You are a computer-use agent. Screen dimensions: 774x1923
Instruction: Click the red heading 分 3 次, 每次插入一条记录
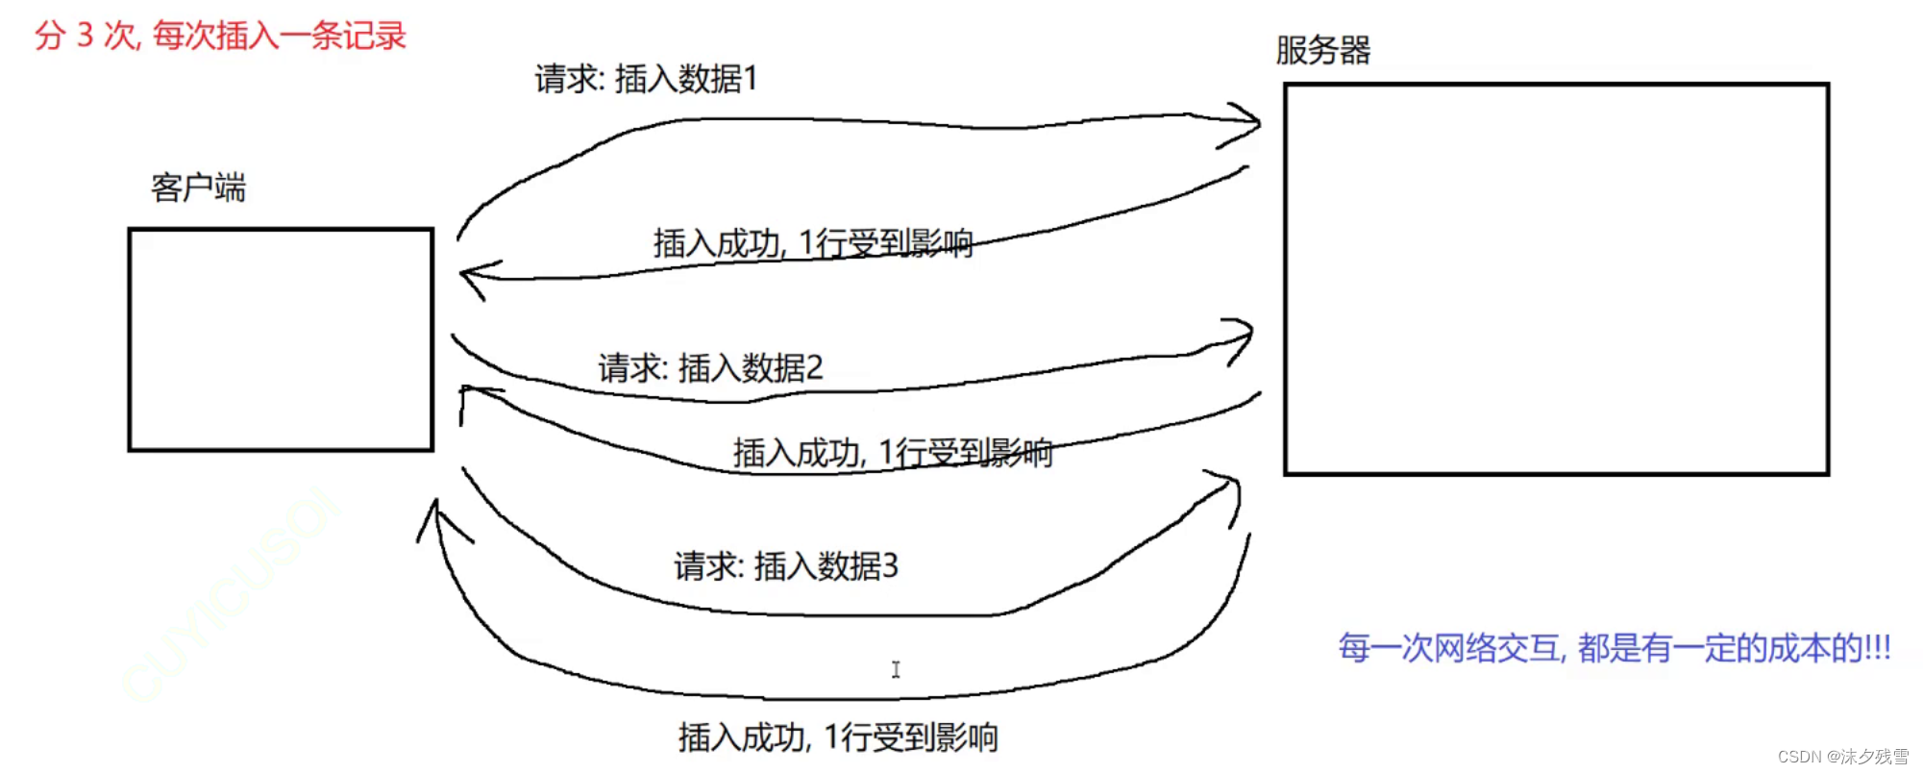220,36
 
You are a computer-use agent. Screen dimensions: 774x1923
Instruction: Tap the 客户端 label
198,187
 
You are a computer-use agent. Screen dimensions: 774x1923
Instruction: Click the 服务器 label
1322,50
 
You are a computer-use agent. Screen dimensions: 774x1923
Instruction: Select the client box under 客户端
281,339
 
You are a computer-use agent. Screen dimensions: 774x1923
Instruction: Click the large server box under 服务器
1556,279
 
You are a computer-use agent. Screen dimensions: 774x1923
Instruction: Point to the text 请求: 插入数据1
646,79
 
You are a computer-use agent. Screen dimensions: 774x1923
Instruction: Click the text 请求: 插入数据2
710,367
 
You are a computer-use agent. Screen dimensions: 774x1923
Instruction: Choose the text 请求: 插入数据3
785,566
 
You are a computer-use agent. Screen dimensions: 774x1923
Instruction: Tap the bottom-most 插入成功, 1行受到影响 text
837,737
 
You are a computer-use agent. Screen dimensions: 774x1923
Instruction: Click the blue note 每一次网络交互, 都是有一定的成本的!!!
1614,648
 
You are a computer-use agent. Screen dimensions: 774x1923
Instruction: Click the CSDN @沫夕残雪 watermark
1842,757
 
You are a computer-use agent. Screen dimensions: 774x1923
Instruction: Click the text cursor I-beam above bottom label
896,669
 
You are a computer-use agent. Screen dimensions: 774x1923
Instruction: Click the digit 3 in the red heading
86,36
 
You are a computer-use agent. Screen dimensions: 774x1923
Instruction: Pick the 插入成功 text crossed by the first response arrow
812,243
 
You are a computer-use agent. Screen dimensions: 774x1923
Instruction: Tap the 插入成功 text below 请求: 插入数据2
892,452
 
